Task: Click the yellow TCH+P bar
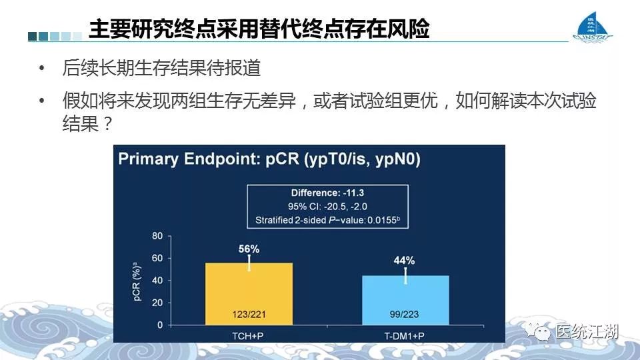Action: (249, 294)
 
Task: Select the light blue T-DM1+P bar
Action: (406, 301)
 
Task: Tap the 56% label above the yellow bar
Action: (249, 249)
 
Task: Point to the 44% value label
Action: (404, 261)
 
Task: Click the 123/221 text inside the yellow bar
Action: (249, 314)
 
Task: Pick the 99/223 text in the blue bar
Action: (404, 314)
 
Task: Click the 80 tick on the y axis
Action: (157, 236)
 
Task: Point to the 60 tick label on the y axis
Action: (157, 258)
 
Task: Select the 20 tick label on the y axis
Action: (157, 303)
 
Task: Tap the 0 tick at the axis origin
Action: (160, 325)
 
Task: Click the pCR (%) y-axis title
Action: (137, 281)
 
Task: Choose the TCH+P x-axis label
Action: (248, 336)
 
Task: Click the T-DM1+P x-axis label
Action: (404, 336)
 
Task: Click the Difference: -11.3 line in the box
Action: (327, 193)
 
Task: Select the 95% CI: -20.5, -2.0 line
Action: (327, 207)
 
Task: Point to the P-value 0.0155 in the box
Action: (383, 220)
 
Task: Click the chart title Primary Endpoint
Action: (269, 159)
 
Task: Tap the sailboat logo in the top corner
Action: (592, 27)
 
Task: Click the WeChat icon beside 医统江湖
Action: (537, 331)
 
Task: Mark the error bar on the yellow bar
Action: (249, 263)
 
